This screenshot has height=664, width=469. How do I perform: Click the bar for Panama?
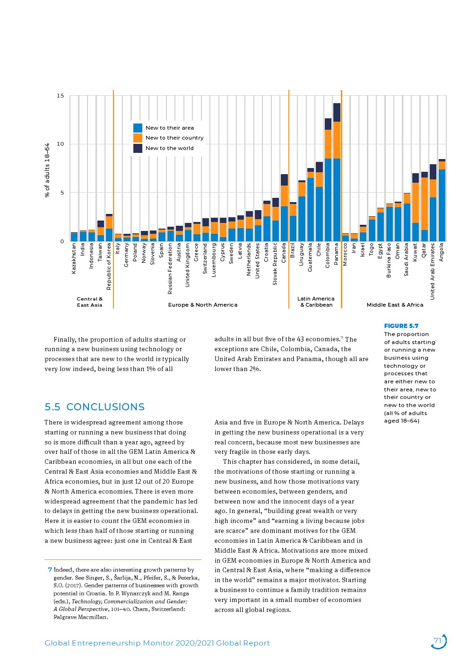[337, 172]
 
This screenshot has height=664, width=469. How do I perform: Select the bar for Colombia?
[328, 180]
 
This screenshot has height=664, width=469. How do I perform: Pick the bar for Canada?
[284, 208]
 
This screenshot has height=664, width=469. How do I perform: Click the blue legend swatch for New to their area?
[138, 128]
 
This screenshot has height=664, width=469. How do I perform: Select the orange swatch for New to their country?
[138, 138]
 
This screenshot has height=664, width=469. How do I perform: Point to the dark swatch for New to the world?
[138, 148]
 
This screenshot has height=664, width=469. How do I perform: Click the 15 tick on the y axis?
[60, 96]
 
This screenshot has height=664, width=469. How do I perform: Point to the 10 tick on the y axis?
[60, 144]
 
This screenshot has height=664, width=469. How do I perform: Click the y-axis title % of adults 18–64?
[47, 170]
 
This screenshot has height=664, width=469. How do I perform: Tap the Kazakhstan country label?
[74, 258]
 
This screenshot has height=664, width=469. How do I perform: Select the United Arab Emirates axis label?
[433, 271]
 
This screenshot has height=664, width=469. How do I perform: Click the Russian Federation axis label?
[170, 269]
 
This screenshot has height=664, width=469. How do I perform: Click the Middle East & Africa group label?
[395, 305]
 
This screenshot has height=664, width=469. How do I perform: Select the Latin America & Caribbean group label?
[316, 302]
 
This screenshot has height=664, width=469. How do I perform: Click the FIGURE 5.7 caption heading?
[401, 326]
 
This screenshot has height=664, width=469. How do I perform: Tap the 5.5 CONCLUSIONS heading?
[95, 407]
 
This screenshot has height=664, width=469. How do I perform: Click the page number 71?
[438, 641]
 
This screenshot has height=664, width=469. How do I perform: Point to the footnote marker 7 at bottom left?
[50, 570]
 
